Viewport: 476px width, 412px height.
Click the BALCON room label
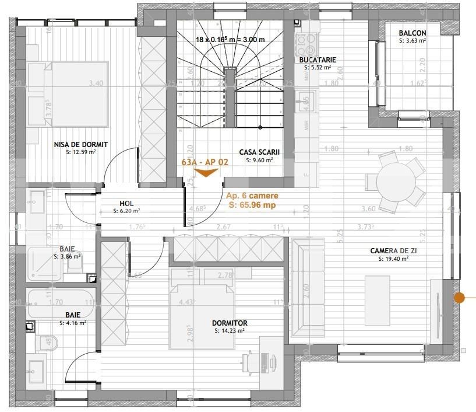coord(412,33)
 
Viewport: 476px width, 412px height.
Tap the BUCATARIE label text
coord(318,60)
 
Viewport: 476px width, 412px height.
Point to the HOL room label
coord(126,204)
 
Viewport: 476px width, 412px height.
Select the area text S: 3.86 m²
coord(67,256)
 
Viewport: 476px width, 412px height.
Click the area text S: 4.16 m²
coord(73,322)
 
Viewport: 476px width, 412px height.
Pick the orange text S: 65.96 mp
coord(251,205)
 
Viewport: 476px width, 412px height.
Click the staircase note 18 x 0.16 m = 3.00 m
coord(230,40)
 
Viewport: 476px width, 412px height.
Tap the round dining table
coord(400,181)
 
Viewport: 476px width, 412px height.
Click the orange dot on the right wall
coord(460,298)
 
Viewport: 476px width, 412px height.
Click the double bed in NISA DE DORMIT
coord(68,93)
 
